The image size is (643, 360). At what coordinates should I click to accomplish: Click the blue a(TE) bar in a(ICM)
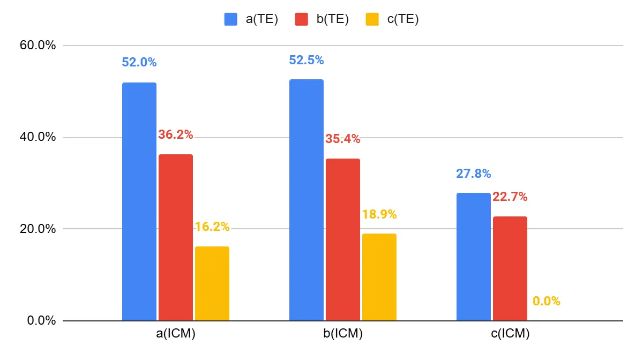139,201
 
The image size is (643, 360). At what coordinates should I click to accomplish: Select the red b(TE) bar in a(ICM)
176,237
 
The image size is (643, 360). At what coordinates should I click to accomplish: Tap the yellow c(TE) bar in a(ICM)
212,283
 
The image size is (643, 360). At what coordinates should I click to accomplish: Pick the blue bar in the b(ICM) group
306,200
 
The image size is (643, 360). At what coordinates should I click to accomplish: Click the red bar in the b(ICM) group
343,239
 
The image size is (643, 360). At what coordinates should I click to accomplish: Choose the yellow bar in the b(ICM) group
379,277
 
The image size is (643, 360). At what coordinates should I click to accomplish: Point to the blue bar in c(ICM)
474,257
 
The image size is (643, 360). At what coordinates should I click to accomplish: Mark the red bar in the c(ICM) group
510,268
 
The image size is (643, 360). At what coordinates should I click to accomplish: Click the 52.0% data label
139,62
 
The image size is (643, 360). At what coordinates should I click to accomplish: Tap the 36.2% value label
176,135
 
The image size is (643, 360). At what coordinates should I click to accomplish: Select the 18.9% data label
379,214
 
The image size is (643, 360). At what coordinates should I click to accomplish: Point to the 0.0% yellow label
547,301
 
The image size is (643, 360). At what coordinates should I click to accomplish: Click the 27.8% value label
474,174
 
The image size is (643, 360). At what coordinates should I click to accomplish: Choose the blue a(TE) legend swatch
231,20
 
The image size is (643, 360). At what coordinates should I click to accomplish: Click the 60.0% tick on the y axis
37,46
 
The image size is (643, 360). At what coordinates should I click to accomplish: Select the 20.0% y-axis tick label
37,229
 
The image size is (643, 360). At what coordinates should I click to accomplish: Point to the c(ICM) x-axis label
510,334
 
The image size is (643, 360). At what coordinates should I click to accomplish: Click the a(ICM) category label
176,334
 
